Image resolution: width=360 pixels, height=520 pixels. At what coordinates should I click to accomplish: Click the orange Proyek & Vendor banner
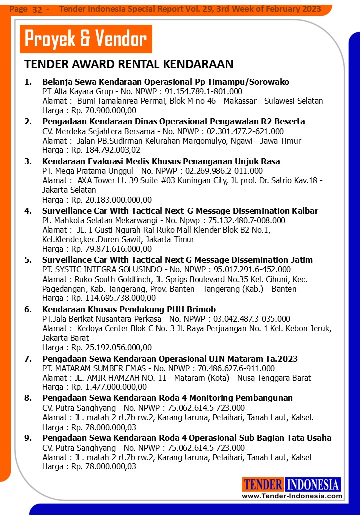pyautogui.click(x=85, y=39)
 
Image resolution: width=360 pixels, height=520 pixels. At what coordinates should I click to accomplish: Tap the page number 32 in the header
pyautogui.click(x=37, y=9)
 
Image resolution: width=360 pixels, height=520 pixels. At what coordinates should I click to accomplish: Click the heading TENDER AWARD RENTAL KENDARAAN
pyautogui.click(x=129, y=64)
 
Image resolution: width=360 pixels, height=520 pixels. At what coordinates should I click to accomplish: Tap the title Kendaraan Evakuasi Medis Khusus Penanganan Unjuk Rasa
pyautogui.click(x=161, y=161)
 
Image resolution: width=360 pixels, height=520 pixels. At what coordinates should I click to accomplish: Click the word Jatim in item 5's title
pyautogui.click(x=301, y=260)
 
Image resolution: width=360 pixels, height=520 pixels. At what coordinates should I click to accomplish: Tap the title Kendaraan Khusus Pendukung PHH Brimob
pyautogui.click(x=129, y=309)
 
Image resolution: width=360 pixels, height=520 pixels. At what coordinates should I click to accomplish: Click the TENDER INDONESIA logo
pyautogui.click(x=291, y=484)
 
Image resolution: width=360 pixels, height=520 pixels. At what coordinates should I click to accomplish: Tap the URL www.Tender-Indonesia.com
pyautogui.click(x=292, y=496)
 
